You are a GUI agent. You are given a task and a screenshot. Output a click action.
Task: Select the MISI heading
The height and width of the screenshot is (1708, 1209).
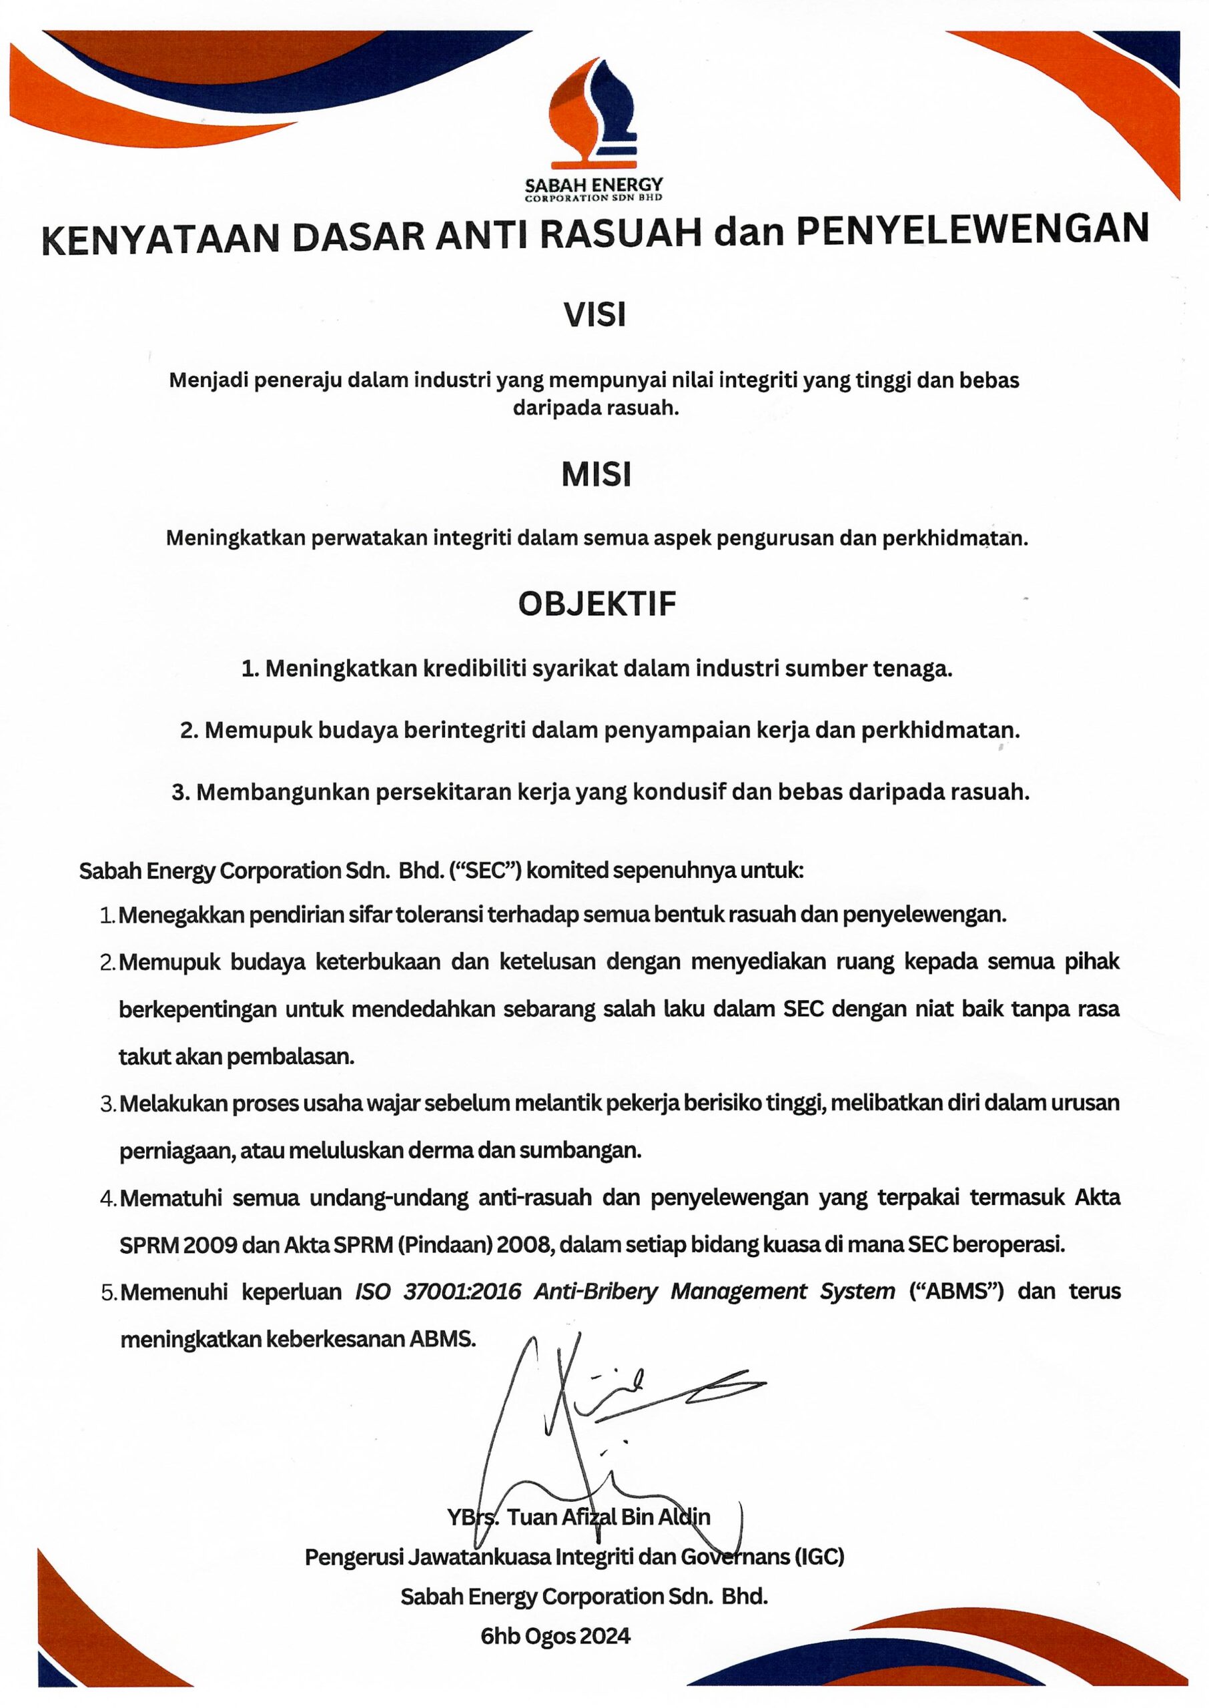click(x=596, y=475)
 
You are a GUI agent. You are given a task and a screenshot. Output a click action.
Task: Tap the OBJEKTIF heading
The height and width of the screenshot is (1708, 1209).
click(x=597, y=604)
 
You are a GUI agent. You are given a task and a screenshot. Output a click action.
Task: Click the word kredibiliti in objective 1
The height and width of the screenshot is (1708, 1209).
click(x=474, y=669)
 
